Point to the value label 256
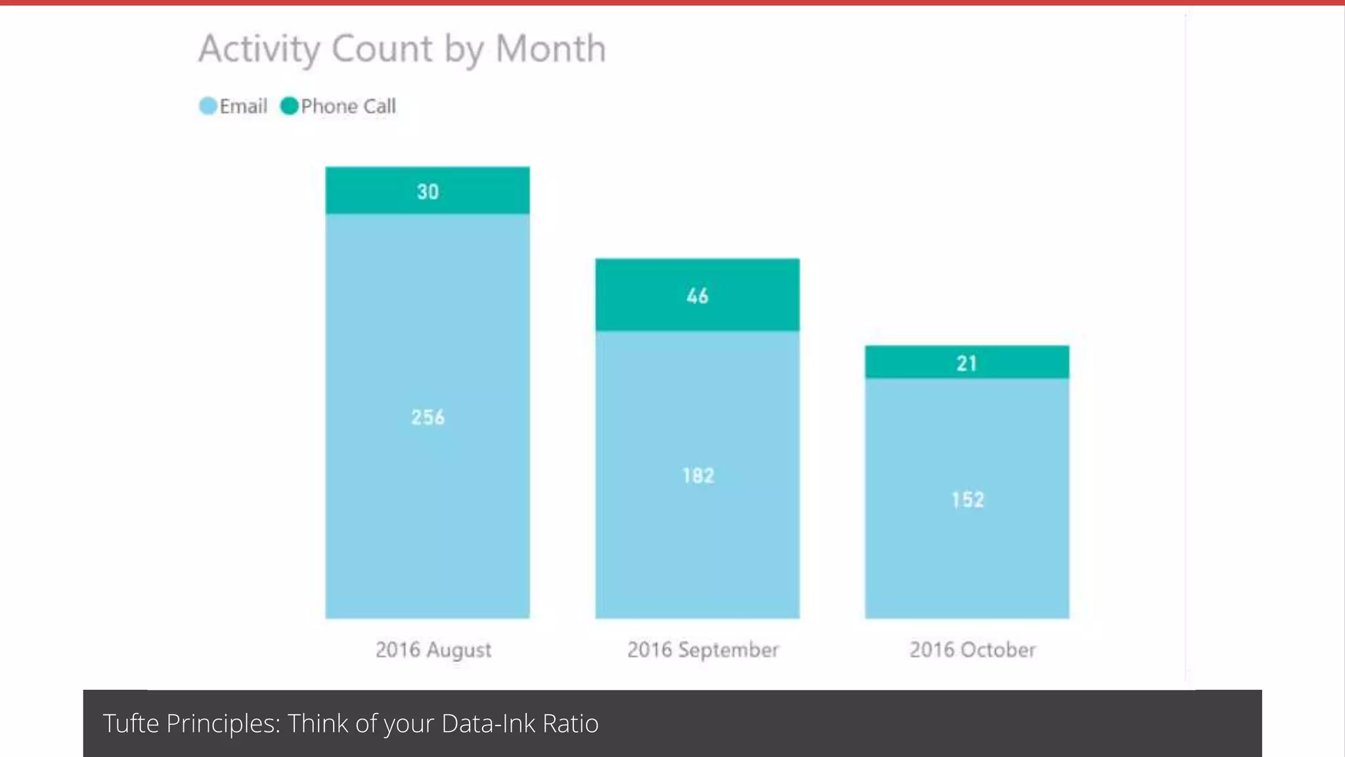(428, 417)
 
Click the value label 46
(697, 296)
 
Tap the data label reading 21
(967, 363)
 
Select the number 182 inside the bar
(697, 475)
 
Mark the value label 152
(967, 499)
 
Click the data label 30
(428, 191)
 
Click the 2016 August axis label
(433, 650)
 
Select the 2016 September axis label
(703, 650)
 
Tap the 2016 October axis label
(972, 650)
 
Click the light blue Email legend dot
(208, 106)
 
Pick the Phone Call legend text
(348, 106)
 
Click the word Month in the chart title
(550, 49)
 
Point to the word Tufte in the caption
(131, 723)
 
